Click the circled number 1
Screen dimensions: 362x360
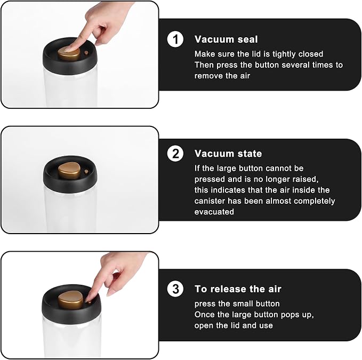[x=175, y=39]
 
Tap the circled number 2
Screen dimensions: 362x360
[x=175, y=153]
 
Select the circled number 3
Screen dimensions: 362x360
[x=175, y=289]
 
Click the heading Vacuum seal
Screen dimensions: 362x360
[x=226, y=39]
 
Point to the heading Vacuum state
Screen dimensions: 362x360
[x=228, y=154]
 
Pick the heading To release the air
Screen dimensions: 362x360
[x=238, y=289]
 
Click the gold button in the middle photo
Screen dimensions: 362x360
[x=69, y=170]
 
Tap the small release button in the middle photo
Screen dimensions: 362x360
[x=86, y=172]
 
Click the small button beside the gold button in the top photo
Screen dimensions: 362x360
[x=86, y=53]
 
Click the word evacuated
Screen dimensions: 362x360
[x=214, y=212]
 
